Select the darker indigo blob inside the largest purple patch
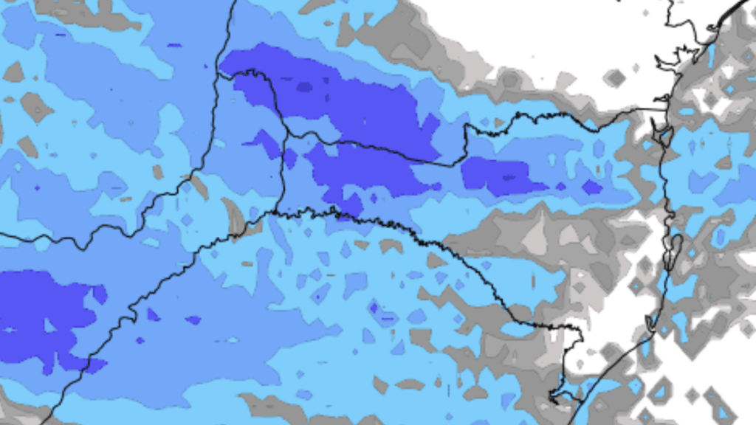pyautogui.click(x=304, y=87)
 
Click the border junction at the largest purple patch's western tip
pyautogui.click(x=220, y=75)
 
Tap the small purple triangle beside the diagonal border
pyautogui.click(x=152, y=315)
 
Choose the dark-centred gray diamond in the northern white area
pyautogui.click(x=614, y=77)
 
